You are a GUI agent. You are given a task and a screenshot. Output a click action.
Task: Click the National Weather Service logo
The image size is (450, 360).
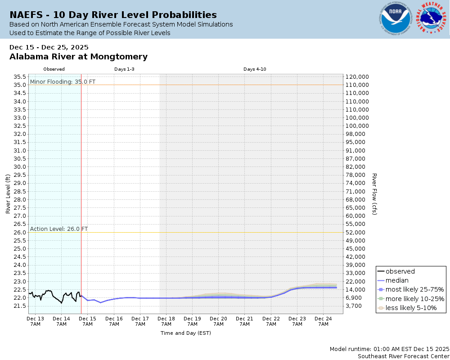click(432, 18)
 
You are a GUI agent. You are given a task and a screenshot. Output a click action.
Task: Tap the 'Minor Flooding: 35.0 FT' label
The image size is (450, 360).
click(56, 81)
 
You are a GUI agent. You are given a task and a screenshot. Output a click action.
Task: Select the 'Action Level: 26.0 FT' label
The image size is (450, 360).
click(59, 229)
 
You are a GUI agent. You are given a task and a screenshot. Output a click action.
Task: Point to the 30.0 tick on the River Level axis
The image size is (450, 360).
click(20, 166)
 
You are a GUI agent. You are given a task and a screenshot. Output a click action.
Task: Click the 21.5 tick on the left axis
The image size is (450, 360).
click(20, 306)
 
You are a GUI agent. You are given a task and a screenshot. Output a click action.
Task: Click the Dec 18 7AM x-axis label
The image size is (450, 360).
click(166, 321)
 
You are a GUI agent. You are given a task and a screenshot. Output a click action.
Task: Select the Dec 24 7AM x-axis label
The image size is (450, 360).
click(323, 321)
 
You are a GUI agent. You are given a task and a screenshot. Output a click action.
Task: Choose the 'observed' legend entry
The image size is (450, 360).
click(400, 271)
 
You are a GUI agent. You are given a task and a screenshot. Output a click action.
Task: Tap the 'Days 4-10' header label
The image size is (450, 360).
click(255, 69)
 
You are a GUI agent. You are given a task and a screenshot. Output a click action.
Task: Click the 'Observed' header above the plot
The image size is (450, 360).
click(54, 69)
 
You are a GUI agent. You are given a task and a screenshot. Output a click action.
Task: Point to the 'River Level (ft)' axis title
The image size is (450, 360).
click(8, 194)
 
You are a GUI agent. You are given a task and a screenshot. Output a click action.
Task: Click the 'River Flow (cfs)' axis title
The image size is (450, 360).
click(374, 194)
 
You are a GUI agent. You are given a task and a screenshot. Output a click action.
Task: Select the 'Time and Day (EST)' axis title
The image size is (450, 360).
click(185, 333)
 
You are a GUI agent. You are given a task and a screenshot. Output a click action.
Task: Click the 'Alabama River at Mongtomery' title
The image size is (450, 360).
click(78, 57)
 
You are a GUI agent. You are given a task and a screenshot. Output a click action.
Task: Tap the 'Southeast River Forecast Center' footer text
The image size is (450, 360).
click(403, 356)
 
